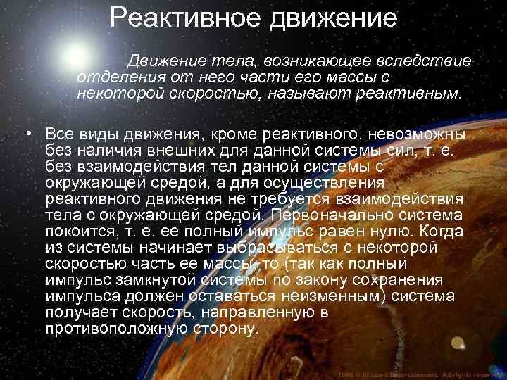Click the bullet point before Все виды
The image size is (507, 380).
point(27,134)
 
